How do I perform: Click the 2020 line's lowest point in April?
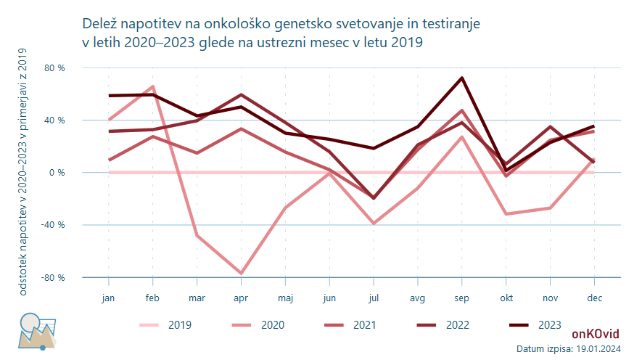click(x=241, y=273)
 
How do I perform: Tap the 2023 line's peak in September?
click(x=462, y=78)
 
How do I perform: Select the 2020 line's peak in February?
click(x=153, y=86)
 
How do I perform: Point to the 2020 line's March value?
click(x=197, y=235)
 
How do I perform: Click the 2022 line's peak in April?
click(x=241, y=94)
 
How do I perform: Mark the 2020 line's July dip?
click(x=374, y=224)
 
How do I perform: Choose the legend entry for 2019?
click(x=165, y=324)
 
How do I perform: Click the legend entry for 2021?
click(x=350, y=324)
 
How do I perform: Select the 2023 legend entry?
click(x=535, y=324)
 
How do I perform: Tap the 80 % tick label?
click(x=54, y=68)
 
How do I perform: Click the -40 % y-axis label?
click(x=53, y=225)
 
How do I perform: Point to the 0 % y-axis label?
click(x=57, y=173)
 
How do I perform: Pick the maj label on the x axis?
click(x=285, y=298)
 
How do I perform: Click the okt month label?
click(x=506, y=298)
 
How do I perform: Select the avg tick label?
click(x=418, y=298)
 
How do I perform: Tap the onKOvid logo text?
click(x=596, y=334)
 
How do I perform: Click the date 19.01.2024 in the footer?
click(x=598, y=349)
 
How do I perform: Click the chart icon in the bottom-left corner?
click(x=37, y=332)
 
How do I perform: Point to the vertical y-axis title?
click(x=23, y=171)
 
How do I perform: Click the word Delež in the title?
click(x=99, y=24)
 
